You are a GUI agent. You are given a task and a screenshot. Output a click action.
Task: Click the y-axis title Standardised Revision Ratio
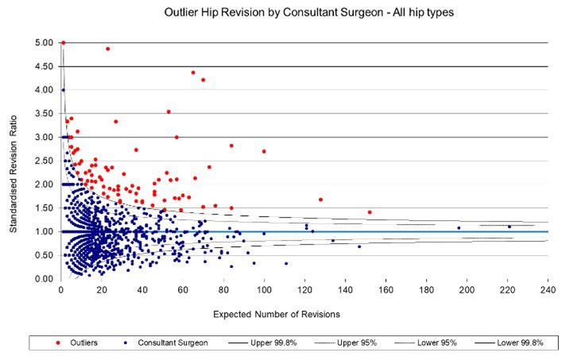[14, 161]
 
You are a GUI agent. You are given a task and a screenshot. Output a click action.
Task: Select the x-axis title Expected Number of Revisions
[277, 314]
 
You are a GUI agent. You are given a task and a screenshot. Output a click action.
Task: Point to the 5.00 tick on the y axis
[44, 43]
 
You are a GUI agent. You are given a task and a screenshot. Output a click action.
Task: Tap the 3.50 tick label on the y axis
[44, 114]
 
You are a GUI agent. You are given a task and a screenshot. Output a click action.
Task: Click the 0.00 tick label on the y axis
[44, 279]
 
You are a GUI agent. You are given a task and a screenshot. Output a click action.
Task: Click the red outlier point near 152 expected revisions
[370, 212]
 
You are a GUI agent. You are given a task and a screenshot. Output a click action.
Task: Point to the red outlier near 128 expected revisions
[320, 199]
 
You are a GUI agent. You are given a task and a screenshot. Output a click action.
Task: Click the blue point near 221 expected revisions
[509, 226]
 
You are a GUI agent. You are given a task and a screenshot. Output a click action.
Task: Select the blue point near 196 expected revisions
[459, 228]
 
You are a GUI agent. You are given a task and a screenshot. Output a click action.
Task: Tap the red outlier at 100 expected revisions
[264, 151]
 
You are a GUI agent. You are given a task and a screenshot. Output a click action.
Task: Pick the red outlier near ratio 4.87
[107, 48]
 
